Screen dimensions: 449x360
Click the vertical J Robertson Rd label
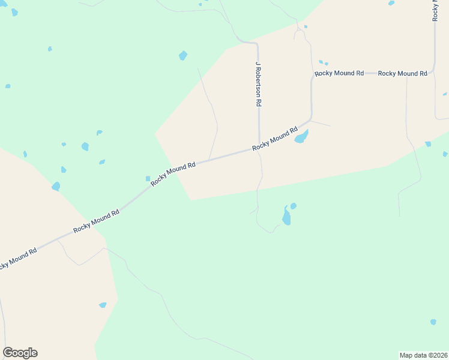point(259,84)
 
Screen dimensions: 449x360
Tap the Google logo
point(20,353)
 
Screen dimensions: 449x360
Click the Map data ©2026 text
point(424,355)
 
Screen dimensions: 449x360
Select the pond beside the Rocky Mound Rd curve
point(301,137)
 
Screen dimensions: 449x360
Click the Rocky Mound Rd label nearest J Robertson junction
point(275,139)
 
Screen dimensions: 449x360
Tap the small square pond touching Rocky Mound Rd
point(148,178)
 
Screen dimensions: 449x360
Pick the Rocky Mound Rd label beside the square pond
point(173,173)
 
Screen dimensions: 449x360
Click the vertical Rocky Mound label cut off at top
point(435,11)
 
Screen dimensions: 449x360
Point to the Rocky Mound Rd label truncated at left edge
point(18,258)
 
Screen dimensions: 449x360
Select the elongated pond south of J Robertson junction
point(286,216)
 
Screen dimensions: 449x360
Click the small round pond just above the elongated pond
point(294,206)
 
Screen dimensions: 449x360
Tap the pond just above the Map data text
point(433,322)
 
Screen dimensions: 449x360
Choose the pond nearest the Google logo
point(103,305)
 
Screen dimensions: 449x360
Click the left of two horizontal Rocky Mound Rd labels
point(339,73)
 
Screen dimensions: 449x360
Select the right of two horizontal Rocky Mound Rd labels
point(402,73)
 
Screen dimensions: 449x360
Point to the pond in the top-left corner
point(14,12)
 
